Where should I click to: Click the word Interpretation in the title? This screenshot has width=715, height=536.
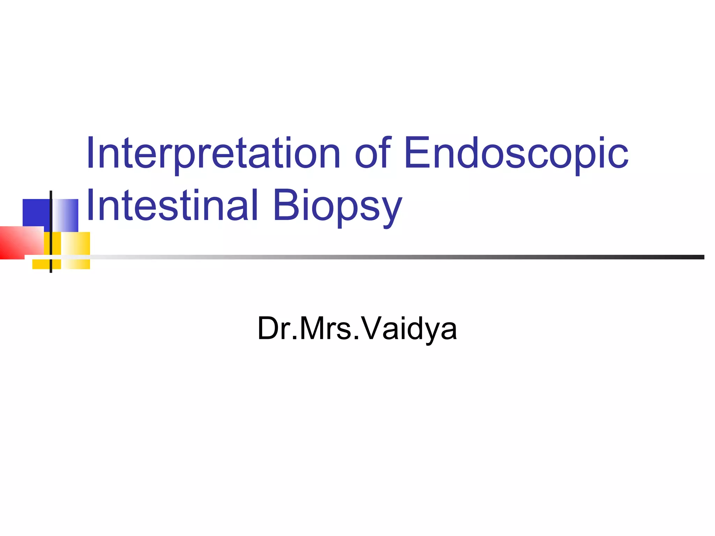pos(213,154)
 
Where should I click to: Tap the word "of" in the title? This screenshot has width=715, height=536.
pos(371,154)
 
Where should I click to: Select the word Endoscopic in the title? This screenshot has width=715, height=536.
pos(516,154)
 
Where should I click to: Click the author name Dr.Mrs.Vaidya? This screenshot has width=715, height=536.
pos(357,328)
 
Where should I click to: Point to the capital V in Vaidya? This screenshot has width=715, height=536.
pos(373,328)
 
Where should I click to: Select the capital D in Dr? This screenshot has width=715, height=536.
pos(269,328)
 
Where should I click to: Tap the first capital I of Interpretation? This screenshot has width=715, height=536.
pos(90,153)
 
